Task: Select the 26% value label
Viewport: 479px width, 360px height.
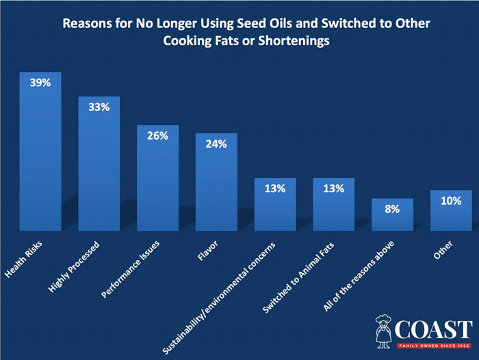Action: pos(157,136)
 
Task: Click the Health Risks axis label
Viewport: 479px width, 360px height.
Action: pos(23,262)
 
